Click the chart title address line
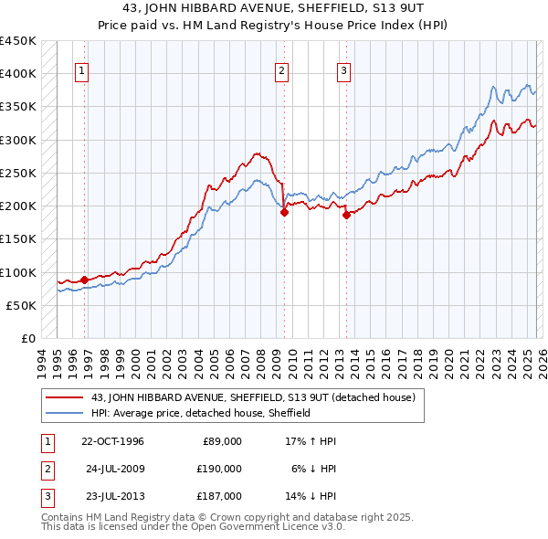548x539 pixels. click(273, 8)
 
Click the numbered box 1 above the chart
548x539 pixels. click(81, 71)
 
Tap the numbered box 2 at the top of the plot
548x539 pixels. click(281, 71)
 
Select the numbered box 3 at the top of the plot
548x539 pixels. click(344, 71)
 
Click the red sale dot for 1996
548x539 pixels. click(85, 280)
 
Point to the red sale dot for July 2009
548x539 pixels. click(284, 212)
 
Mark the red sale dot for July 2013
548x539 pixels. click(347, 215)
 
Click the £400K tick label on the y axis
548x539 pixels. click(18, 74)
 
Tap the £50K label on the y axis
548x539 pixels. click(22, 306)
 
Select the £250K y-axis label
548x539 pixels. click(18, 174)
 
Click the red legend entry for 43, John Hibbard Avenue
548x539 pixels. click(253, 397)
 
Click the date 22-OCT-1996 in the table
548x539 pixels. click(112, 441)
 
